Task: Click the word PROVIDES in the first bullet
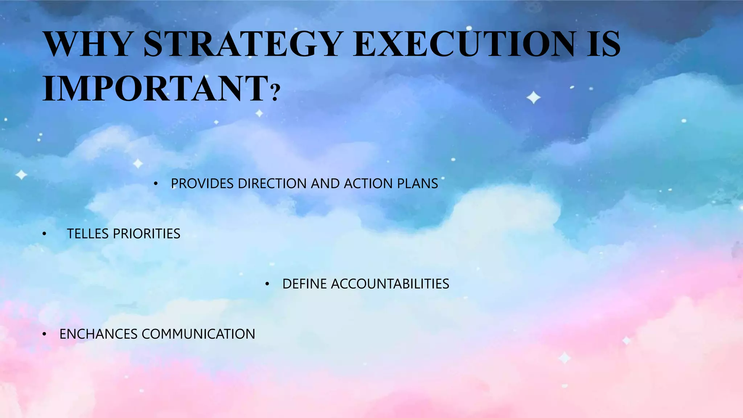[202, 184]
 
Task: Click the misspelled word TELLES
[87, 234]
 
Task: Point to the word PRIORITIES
[147, 234]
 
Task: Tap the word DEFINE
[304, 284]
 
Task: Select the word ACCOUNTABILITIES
[390, 284]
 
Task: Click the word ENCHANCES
[98, 334]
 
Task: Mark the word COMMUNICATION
[198, 334]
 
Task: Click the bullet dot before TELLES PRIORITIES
[44, 234]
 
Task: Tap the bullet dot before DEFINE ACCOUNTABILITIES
[267, 284]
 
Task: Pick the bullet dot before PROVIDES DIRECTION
[156, 184]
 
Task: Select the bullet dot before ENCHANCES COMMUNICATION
[44, 334]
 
